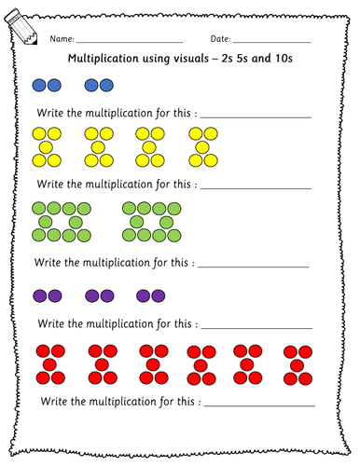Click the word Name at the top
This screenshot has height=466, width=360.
pos(62,40)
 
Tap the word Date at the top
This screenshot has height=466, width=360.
pos(219,40)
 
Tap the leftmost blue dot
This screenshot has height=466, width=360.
pos(39,85)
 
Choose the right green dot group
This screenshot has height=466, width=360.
pos(150,223)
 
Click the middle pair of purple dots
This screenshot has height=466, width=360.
pos(100,295)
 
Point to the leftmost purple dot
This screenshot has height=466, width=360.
pos(39,295)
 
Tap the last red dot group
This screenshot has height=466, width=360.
pos(298,363)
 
